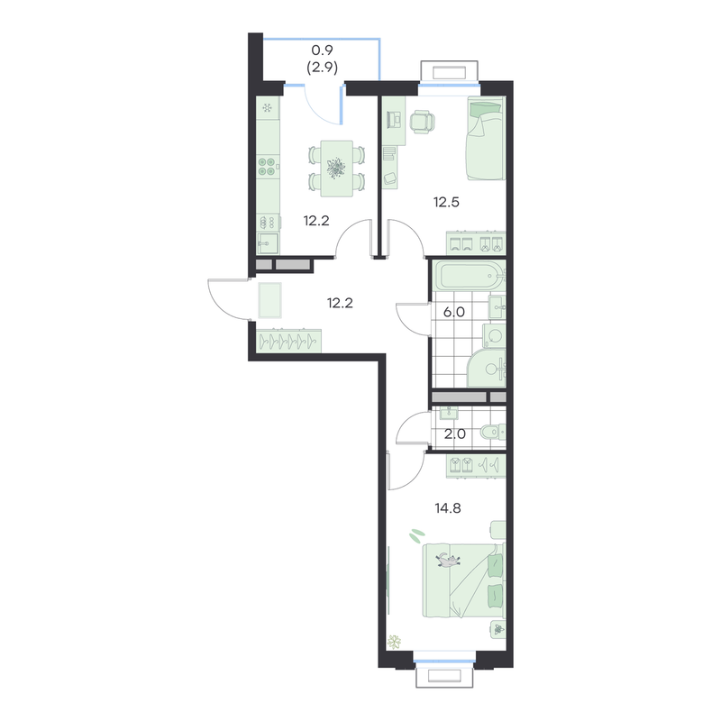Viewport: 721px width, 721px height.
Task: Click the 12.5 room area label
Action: coord(446,202)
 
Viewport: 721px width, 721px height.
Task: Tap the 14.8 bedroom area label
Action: coord(448,508)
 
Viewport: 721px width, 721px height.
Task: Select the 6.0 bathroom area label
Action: coord(454,312)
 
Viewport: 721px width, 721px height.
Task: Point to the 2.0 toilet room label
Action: coord(455,434)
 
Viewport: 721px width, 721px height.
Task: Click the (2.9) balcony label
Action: coord(323,68)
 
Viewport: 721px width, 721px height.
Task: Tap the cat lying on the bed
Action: coord(448,560)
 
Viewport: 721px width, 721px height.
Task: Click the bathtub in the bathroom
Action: coord(470,276)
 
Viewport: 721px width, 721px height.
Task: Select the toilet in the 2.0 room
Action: coord(492,432)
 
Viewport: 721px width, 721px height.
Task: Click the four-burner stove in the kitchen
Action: coord(267,167)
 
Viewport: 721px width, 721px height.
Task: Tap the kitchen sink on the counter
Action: coord(267,242)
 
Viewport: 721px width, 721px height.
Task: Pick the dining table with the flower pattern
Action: coord(336,169)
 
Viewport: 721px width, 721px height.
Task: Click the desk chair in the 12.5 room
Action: coord(422,122)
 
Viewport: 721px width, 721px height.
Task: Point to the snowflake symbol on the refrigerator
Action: coord(267,108)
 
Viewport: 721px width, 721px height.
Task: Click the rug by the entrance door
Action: coord(269,300)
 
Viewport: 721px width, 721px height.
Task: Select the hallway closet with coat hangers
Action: coord(288,342)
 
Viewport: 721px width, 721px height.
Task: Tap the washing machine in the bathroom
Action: coord(494,336)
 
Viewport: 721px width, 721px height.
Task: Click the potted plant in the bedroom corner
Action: coord(394,642)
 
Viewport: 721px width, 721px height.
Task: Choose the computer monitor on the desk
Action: coord(394,121)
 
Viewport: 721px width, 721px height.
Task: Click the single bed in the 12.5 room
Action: coord(487,138)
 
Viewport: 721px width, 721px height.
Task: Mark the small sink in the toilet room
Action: coord(448,413)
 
